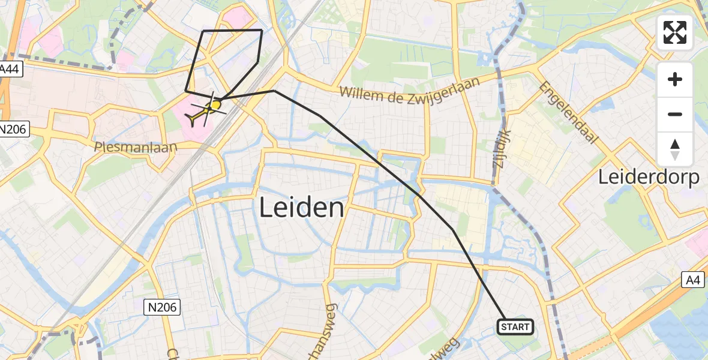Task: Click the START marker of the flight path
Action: click(x=515, y=327)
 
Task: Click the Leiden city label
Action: click(x=302, y=209)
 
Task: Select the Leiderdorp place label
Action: click(x=649, y=178)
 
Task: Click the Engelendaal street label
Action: click(x=569, y=112)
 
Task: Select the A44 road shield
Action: click(x=10, y=70)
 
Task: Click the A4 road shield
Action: click(x=693, y=279)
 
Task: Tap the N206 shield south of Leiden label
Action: click(x=163, y=308)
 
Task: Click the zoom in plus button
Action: click(x=675, y=79)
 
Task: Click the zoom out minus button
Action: click(x=675, y=114)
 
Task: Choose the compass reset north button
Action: click(x=675, y=149)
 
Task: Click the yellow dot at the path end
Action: click(x=216, y=104)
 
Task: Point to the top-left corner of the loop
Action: click(x=204, y=31)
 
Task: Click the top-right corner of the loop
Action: click(x=262, y=30)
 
